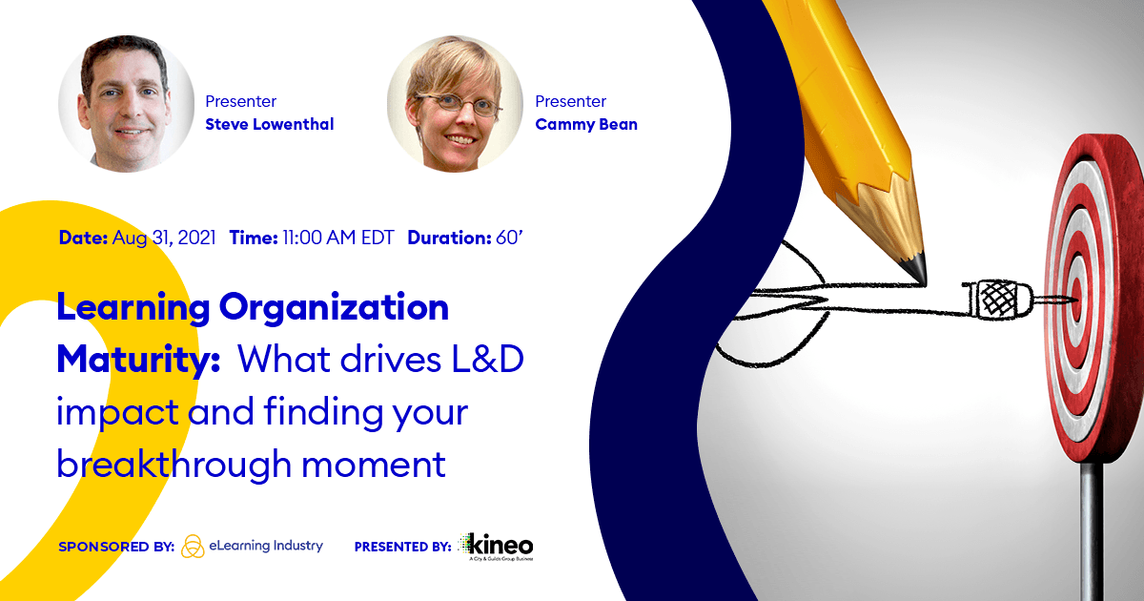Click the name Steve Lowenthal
[270, 124]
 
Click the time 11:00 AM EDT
[337, 238]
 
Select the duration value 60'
[509, 238]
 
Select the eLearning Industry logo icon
[193, 547]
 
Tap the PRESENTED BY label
[402, 548]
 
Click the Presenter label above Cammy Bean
[570, 101]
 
